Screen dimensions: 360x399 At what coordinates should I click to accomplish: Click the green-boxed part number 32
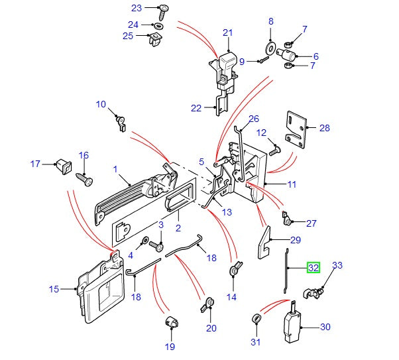tap(313, 268)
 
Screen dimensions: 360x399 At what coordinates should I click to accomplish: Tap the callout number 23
tap(137, 9)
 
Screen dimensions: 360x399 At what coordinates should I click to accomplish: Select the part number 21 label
tap(229, 32)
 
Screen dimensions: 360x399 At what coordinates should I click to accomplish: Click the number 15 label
tap(54, 289)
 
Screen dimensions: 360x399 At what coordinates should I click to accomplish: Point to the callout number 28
tap(324, 128)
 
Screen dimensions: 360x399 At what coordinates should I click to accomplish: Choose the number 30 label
tap(325, 327)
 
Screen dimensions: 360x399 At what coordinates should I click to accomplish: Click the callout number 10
tap(101, 104)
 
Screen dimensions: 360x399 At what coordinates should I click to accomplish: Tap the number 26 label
tap(253, 119)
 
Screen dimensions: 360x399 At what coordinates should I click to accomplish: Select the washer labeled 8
tap(271, 48)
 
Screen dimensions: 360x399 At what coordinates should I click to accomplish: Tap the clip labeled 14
tap(234, 271)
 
